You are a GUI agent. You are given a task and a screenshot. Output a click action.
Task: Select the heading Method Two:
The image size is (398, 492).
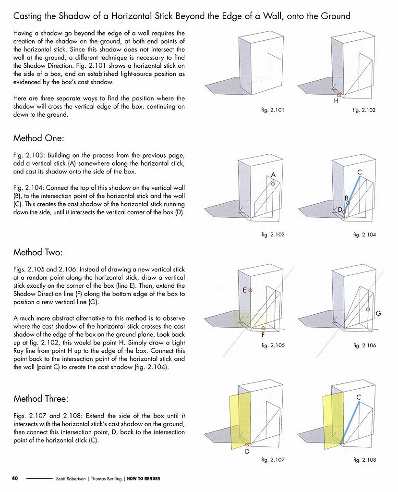point(38,252)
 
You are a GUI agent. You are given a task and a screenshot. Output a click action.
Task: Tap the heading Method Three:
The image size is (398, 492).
point(41,399)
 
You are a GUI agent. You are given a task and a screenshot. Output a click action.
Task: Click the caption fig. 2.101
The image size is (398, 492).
point(273,110)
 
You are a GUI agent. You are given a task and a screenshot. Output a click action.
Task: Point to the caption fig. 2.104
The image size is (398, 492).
point(364,234)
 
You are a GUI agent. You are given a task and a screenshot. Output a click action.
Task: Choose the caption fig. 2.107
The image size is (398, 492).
point(273,460)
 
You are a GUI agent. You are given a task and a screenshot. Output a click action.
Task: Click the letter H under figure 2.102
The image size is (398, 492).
point(336,102)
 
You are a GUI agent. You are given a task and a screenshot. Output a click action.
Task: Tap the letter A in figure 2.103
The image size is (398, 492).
point(273,174)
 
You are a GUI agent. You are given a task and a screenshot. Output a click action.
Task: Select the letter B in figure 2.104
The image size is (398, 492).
point(346,197)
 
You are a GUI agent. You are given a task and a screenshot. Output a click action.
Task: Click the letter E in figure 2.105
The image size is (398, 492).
point(244,290)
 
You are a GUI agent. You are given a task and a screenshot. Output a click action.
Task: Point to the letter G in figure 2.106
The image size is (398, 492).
point(378,313)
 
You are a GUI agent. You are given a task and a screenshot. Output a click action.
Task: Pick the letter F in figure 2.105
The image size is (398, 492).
point(264,335)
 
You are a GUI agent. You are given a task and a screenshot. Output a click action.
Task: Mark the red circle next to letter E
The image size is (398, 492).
point(251,290)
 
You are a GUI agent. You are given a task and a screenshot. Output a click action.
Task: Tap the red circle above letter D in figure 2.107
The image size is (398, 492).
point(247,444)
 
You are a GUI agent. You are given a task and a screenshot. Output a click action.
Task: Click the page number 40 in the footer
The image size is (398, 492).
point(15,479)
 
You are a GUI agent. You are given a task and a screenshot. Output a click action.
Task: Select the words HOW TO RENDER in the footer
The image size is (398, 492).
point(144,479)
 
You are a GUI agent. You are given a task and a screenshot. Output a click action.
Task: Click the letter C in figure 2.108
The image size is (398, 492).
point(359,397)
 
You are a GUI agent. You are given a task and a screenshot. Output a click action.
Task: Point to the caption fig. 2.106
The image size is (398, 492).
point(364,345)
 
